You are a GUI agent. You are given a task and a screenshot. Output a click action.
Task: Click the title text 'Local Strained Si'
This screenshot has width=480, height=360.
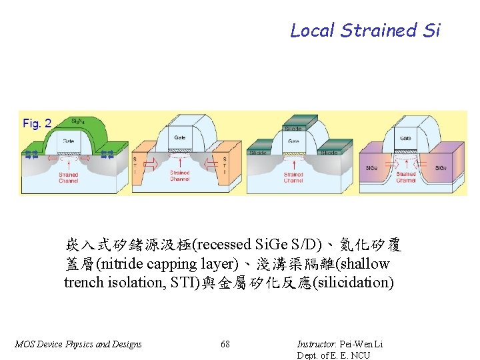pyautogui.click(x=365, y=31)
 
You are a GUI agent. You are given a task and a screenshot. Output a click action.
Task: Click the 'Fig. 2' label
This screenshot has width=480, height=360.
pyautogui.click(x=37, y=123)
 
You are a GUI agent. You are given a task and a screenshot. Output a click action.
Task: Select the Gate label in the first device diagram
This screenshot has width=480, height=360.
pyautogui.click(x=69, y=141)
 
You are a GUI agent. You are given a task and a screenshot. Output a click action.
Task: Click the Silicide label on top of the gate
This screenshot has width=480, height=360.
pyautogui.click(x=293, y=128)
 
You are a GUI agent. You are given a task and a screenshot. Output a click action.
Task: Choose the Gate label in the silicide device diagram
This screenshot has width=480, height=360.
pyautogui.click(x=293, y=141)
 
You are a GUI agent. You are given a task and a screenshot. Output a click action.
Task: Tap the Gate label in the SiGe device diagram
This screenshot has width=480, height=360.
pyautogui.click(x=405, y=138)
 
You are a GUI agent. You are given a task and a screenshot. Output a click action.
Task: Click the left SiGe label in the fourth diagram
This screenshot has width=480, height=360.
pyautogui.click(x=371, y=168)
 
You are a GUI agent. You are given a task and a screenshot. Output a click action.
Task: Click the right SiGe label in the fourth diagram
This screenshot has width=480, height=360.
pyautogui.click(x=441, y=168)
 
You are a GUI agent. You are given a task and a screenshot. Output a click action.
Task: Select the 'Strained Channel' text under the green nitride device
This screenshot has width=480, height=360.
pyautogui.click(x=68, y=177)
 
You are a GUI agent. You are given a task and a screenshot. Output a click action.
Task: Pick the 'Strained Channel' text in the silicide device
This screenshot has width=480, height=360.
pyautogui.click(x=293, y=177)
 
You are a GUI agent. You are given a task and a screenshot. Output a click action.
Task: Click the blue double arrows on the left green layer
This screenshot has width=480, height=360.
pyautogui.click(x=31, y=155)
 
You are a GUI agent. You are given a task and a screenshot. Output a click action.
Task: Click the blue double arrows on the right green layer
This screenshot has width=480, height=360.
pyautogui.click(x=107, y=155)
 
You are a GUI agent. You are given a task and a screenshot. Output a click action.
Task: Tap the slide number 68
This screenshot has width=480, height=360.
pyautogui.click(x=225, y=344)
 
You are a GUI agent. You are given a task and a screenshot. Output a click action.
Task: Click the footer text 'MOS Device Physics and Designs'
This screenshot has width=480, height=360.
pyautogui.click(x=78, y=344)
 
